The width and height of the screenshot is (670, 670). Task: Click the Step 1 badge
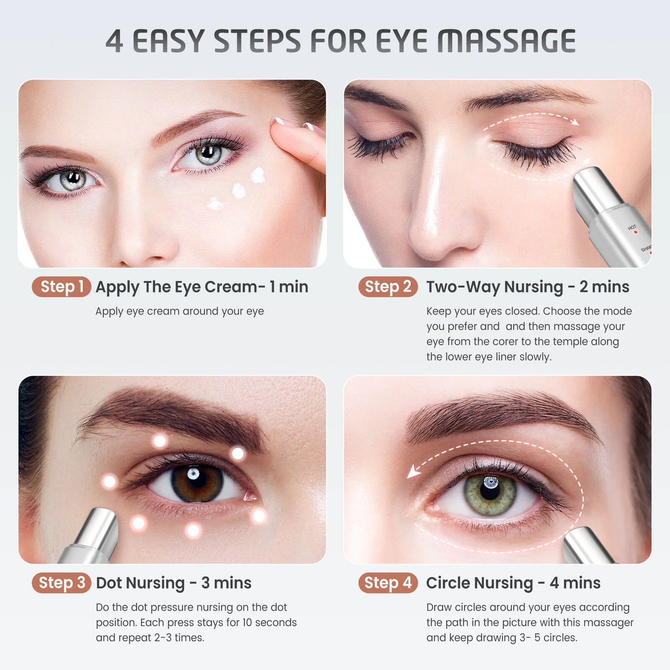pos(62,287)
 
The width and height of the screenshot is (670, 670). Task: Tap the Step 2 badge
pos(388,287)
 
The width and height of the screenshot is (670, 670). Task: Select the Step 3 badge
pos(62,582)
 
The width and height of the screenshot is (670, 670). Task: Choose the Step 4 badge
pos(388,582)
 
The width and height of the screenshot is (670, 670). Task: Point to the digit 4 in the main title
pos(114,41)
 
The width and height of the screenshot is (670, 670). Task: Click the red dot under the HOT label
pos(635,232)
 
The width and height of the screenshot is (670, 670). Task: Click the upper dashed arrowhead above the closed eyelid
pos(575,122)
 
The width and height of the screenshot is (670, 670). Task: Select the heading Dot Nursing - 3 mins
pos(173,583)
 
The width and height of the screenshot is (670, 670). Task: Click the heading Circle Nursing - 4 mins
pos(513,583)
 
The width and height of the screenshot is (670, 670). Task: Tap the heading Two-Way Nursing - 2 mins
pos(528,287)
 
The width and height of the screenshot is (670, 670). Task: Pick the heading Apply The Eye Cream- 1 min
pos(202,287)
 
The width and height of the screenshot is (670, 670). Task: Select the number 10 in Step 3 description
pos(247,623)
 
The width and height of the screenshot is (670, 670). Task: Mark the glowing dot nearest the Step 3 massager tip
pos(138,523)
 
